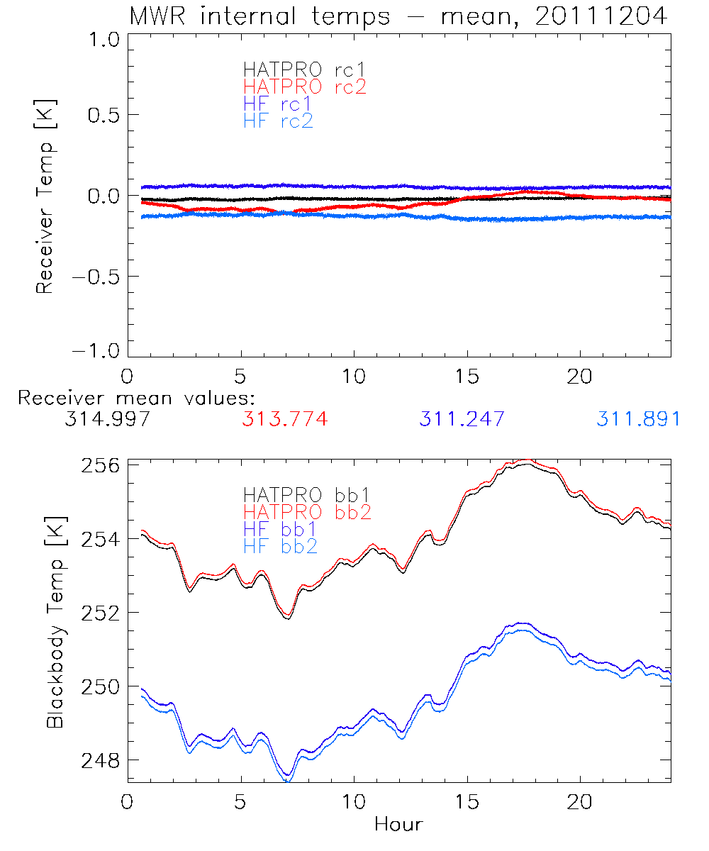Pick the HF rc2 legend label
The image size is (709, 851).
coord(278,121)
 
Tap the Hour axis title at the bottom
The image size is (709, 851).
coord(398,824)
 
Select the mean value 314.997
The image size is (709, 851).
coord(107,420)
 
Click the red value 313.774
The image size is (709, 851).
coord(284,420)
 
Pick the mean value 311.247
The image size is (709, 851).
coord(462,420)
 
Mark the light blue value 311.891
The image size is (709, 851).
coord(638,420)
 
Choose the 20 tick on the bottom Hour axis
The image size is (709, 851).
coord(581,803)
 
